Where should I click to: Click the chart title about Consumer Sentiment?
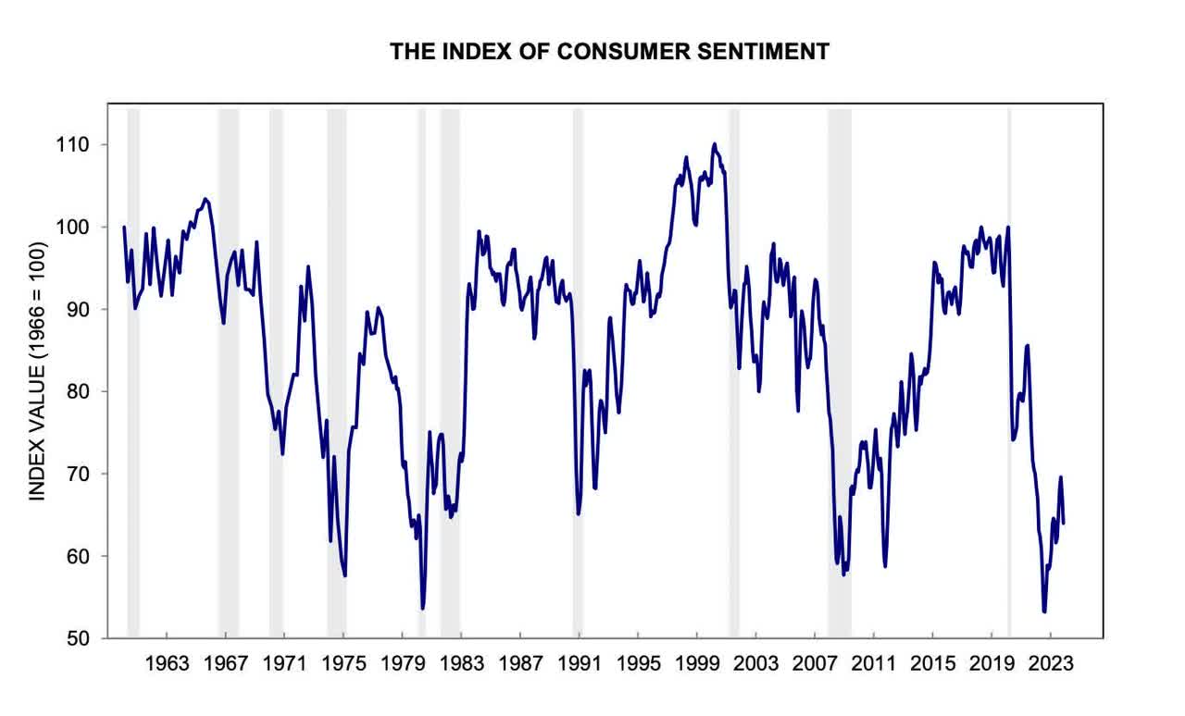pos(608,52)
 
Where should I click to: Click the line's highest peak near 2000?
pos(714,143)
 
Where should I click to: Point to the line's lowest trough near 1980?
pos(423,608)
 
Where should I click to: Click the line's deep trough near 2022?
pos(1044,611)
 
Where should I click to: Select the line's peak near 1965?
pos(206,198)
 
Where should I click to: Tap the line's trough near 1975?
pos(344,575)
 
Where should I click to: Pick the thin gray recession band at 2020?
pos(1009,370)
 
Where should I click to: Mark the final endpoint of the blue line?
pos(1064,524)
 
